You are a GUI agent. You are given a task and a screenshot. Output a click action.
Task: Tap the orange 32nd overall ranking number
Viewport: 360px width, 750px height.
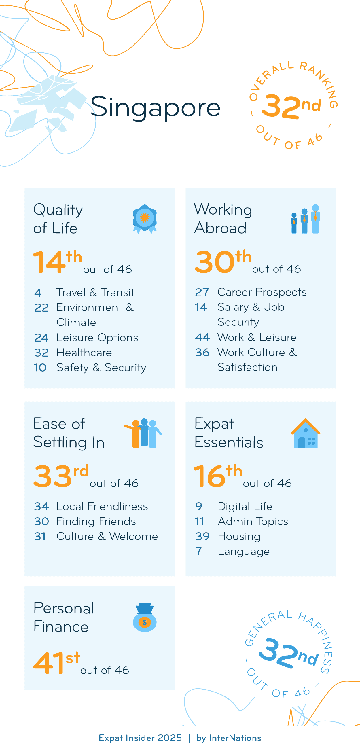tap(291, 106)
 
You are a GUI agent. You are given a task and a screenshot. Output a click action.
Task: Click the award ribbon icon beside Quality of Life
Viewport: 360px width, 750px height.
tap(145, 219)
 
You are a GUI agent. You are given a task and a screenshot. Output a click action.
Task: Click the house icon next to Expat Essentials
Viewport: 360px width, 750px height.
tap(306, 433)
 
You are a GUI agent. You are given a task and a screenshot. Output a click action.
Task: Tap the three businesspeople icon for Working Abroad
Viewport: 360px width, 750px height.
tap(306, 219)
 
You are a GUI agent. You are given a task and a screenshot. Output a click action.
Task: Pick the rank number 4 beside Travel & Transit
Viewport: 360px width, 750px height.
tap(38, 292)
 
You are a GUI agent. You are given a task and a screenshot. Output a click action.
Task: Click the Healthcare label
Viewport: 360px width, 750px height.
tap(84, 353)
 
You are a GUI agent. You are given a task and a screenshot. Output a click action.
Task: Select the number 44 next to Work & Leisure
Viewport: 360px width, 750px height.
tap(202, 337)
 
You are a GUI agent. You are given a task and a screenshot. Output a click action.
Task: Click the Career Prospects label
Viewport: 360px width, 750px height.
tap(262, 292)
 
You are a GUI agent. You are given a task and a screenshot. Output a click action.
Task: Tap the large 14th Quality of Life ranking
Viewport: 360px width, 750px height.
tap(58, 262)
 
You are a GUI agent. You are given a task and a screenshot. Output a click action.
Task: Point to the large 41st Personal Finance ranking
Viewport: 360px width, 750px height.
tap(57, 663)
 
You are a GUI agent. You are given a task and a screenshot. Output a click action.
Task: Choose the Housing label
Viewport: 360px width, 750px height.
tap(239, 536)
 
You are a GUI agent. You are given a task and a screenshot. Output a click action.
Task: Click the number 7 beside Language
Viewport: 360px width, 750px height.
tap(198, 551)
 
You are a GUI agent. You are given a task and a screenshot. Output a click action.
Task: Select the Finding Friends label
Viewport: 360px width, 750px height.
tap(96, 521)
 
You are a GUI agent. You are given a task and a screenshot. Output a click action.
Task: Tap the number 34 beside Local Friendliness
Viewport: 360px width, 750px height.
tap(41, 506)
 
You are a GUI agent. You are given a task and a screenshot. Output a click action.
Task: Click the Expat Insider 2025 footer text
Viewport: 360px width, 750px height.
tap(140, 738)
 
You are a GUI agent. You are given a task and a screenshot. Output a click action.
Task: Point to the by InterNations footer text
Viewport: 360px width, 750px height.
tap(229, 738)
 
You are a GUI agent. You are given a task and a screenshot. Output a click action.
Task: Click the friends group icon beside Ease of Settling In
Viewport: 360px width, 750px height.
tap(143, 433)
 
